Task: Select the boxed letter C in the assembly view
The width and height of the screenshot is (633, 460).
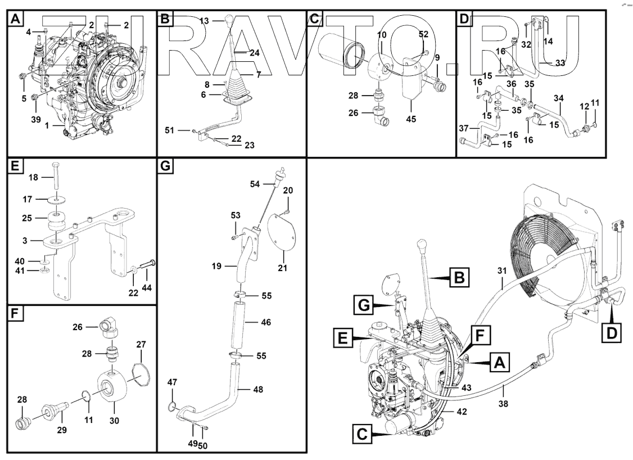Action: click(x=363, y=435)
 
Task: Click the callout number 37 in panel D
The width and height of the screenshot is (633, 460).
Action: click(x=463, y=129)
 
